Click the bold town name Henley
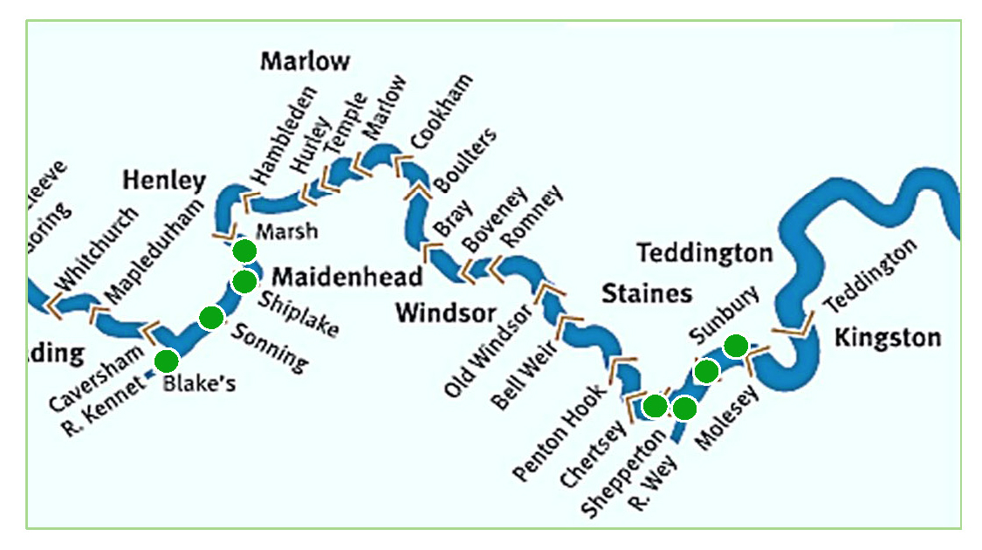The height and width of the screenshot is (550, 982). click(164, 181)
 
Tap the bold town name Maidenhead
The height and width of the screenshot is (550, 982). click(347, 277)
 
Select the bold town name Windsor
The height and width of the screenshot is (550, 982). click(445, 313)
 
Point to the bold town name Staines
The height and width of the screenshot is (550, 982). click(646, 293)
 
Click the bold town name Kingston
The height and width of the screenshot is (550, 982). click(887, 338)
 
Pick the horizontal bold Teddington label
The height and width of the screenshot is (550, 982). click(704, 254)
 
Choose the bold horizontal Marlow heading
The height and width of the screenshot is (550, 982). click(305, 61)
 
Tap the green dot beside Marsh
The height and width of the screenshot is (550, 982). click(244, 251)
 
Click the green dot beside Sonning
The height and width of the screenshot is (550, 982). click(210, 318)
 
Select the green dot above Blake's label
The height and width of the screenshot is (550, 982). click(166, 361)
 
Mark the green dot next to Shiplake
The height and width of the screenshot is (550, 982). click(244, 281)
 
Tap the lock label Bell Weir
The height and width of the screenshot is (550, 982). click(525, 376)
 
